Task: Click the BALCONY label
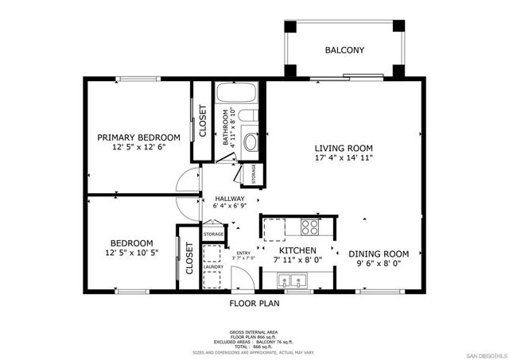[344, 51]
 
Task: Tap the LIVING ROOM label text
[343, 148]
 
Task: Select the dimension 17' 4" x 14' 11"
[343, 158]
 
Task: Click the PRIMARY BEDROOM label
[138, 137]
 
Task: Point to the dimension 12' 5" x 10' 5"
[131, 254]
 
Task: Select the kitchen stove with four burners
[309, 226]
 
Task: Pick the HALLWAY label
[229, 199]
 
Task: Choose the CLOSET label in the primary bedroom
[203, 121]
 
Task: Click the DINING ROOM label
[379, 254]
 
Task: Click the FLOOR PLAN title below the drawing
[254, 303]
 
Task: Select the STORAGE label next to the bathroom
[253, 173]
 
